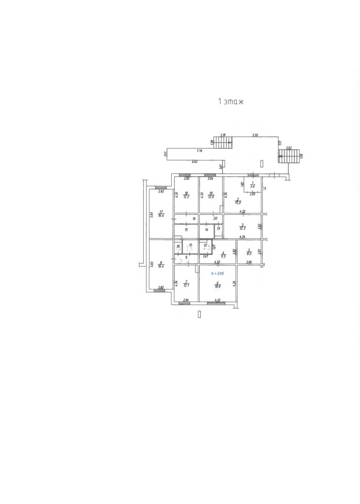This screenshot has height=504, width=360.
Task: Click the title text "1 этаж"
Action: tap(231, 102)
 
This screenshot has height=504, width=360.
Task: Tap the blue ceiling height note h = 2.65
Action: tap(217, 274)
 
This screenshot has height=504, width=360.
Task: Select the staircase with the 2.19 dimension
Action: tap(223, 143)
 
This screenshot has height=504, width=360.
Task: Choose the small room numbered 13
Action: tap(218, 229)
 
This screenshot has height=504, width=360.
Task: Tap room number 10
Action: tap(178, 246)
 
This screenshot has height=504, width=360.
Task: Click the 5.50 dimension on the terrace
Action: tap(255, 135)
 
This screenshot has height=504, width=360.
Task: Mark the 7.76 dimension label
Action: tap(199, 151)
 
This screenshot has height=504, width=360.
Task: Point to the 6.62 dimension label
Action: tap(195, 162)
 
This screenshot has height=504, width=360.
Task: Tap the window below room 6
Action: tap(216, 303)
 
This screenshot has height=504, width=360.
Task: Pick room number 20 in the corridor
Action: tap(215, 219)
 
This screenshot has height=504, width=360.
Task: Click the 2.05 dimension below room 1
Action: tap(252, 194)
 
